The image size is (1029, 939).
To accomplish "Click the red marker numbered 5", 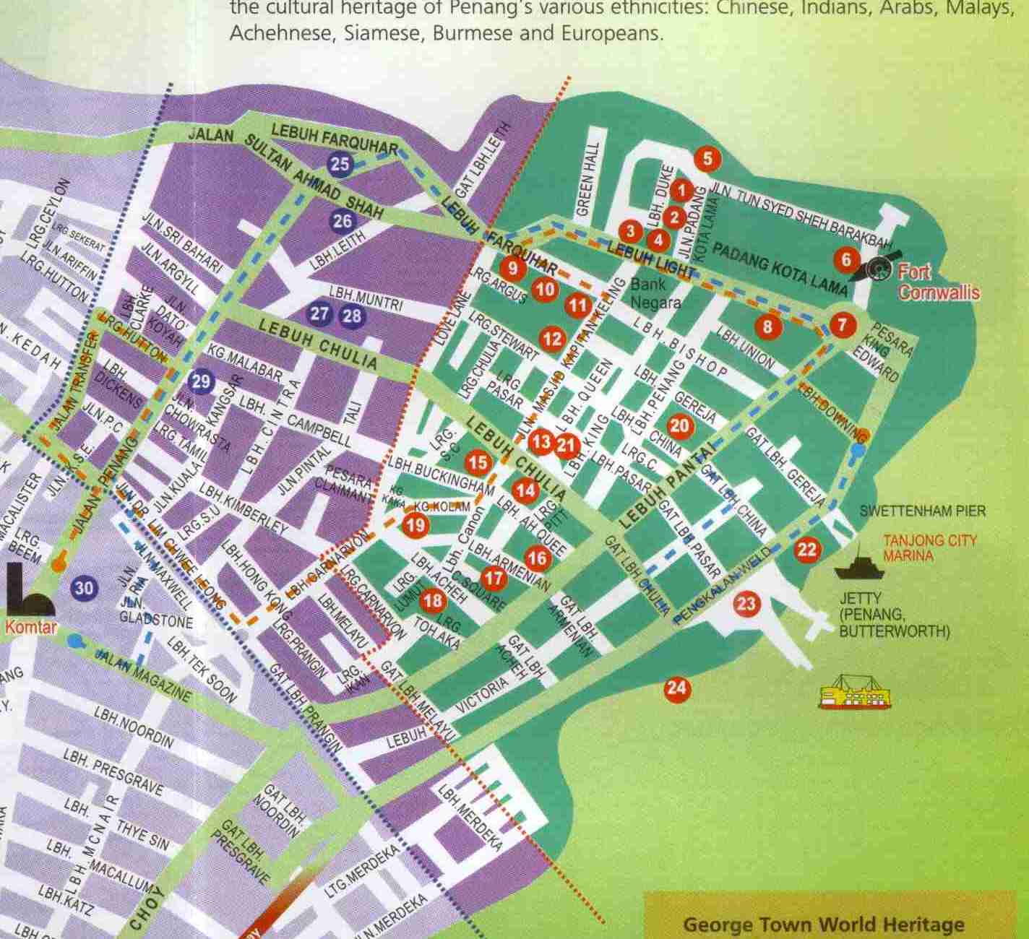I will point(708,158).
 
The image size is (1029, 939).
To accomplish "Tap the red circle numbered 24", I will point(676,688).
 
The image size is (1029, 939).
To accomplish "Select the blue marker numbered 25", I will point(340,164).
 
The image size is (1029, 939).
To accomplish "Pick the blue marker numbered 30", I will point(84,588).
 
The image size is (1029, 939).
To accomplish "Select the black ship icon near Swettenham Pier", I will point(858,566).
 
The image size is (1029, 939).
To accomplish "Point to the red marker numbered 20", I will point(679,425).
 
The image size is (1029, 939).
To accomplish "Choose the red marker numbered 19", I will point(415,525).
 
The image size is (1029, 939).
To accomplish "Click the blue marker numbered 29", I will point(201,381).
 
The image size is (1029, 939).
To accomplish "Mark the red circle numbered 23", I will point(746,602).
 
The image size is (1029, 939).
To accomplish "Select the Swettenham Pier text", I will point(922,511).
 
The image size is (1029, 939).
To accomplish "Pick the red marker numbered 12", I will point(552,338).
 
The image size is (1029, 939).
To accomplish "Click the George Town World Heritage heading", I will point(823,925).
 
